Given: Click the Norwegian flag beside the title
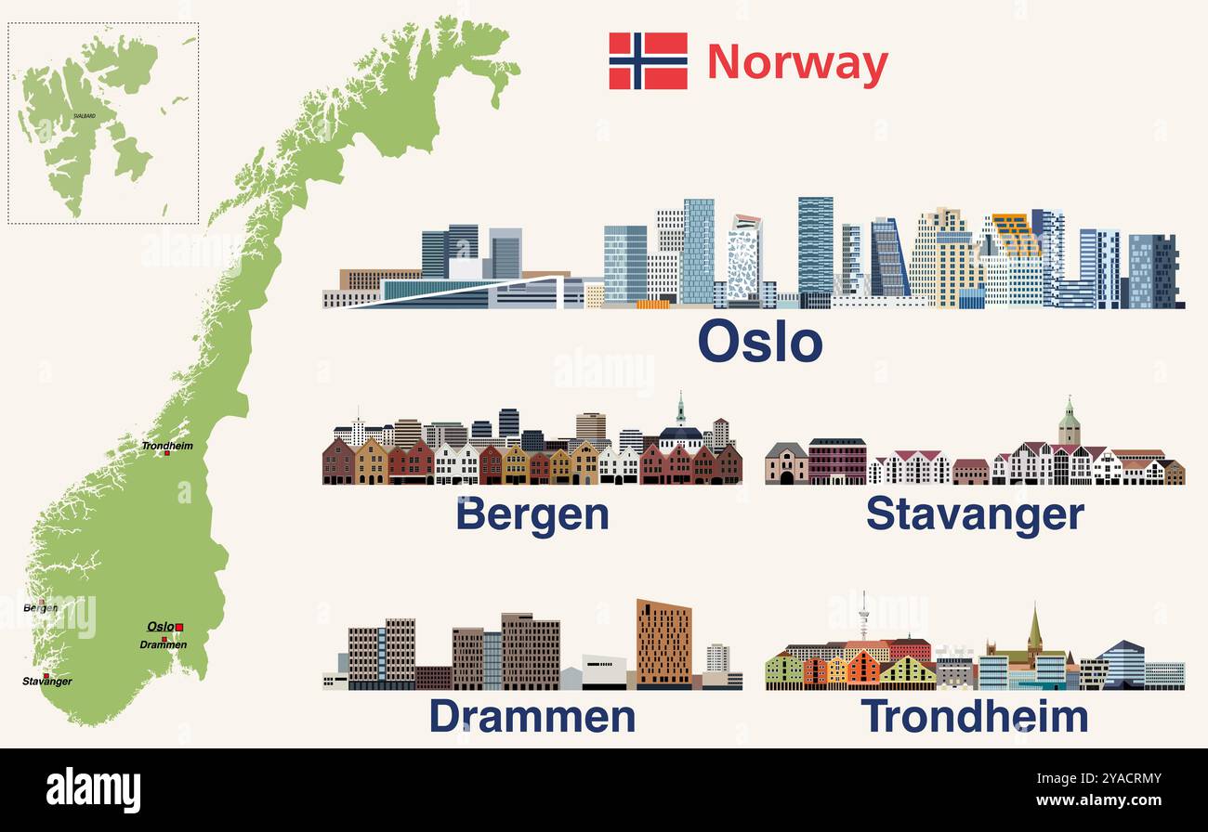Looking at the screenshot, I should coord(648,61).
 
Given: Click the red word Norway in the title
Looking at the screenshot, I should coord(797,63).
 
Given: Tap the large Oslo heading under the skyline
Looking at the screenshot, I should coord(759,342).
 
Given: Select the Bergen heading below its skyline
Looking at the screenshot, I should coord(532,514).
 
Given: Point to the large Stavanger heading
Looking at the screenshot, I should coord(975,514).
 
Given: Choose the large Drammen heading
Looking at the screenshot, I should coord(532,717).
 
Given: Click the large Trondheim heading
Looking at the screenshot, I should coord(974,717).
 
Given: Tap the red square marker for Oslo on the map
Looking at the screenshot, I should coord(179,628).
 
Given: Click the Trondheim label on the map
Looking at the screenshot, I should coord(167,446).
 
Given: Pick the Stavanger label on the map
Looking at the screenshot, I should coord(47,682).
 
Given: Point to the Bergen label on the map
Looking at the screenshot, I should coord(40,608).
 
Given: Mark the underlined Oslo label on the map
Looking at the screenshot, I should coord(160,627).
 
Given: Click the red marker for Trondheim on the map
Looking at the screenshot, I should coord(167,454).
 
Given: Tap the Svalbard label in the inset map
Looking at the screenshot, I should coord(84,116).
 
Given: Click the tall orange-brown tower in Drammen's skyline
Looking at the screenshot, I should coord(663,643).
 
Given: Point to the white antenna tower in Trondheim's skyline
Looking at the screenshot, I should coord(863,615).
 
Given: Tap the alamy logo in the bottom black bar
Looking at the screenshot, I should coord(93,789).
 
